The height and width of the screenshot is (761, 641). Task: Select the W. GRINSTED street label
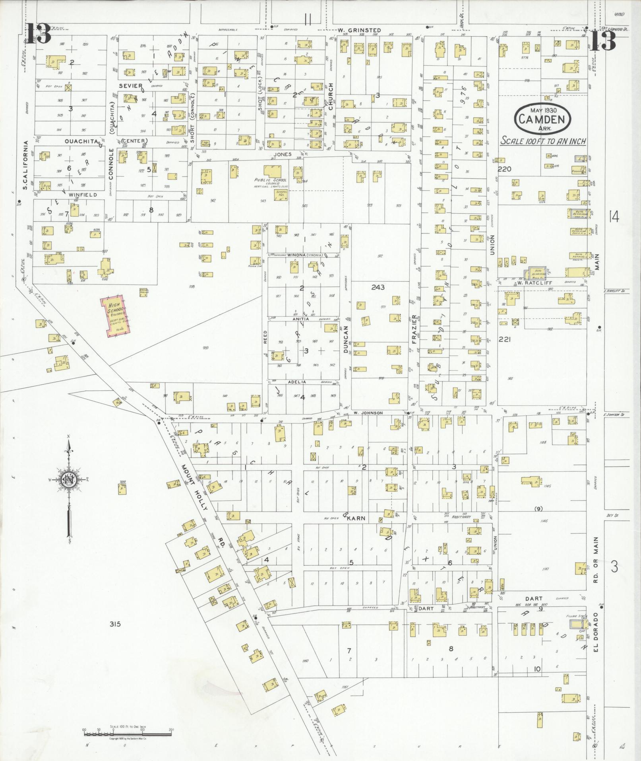(x=359, y=30)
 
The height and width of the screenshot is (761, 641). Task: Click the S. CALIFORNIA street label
(x=25, y=165)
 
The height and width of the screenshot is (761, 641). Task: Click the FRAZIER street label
(x=414, y=329)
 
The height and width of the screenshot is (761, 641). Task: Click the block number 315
(x=115, y=625)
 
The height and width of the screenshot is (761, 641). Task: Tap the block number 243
(x=378, y=287)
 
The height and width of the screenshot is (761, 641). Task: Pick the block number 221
(x=507, y=339)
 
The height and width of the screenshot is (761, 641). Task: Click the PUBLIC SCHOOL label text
(x=270, y=180)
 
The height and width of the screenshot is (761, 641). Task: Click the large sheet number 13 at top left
(x=39, y=34)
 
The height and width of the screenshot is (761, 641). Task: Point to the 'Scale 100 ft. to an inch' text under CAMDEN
(x=543, y=141)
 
